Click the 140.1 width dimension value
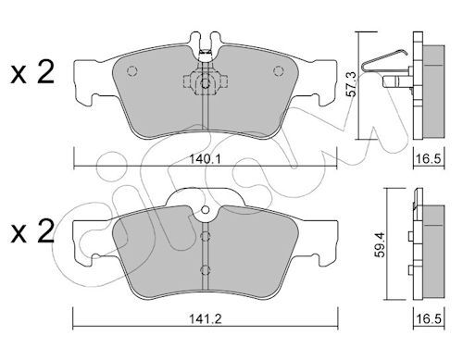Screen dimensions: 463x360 205,159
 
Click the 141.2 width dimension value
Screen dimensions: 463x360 206,318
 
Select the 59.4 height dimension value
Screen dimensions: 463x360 382,244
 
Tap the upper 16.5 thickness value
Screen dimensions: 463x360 429,159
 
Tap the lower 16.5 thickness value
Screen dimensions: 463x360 429,318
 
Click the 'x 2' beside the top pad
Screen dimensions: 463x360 32,72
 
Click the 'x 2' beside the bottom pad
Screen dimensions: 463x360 32,231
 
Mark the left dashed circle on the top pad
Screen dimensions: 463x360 131,71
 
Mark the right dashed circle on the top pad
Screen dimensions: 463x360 279,71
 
